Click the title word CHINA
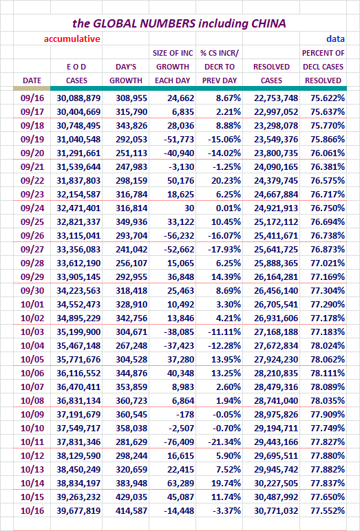click(268, 23)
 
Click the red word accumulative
click(72, 39)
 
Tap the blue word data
click(336, 39)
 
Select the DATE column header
click(32, 80)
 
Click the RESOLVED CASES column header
click(271, 74)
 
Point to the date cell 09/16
click(32, 98)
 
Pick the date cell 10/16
click(32, 510)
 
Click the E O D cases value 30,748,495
click(78, 126)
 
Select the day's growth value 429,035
click(131, 497)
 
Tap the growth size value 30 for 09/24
click(189, 208)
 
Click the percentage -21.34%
click(224, 442)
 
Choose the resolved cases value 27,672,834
click(276, 346)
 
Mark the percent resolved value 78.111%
click(328, 373)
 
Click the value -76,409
click(179, 442)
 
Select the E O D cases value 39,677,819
click(78, 510)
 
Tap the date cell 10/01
click(32, 305)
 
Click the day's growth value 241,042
click(131, 249)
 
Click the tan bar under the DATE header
click(32, 89)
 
